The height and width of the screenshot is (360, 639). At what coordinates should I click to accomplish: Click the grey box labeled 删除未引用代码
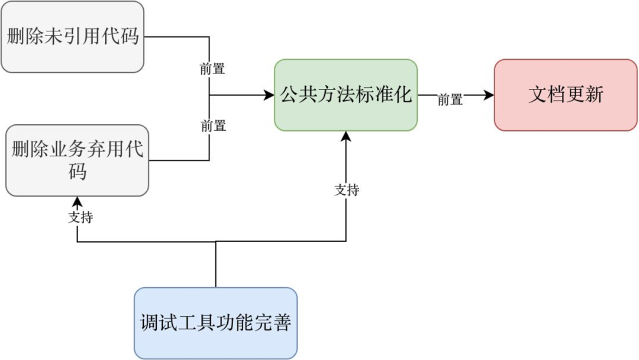72,37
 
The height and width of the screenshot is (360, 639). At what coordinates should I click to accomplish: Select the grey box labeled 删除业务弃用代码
77,160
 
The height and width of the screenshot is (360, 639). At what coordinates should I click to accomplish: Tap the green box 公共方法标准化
346,95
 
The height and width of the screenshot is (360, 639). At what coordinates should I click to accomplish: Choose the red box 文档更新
566,95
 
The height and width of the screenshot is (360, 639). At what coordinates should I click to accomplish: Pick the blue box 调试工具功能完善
215,323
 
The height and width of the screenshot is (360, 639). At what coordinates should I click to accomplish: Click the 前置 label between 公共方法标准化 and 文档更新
450,100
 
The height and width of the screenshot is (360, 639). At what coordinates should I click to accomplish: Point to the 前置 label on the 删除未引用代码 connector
212,69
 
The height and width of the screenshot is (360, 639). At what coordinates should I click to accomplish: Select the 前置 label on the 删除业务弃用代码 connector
213,126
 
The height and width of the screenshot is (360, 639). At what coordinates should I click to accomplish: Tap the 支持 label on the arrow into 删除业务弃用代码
80,217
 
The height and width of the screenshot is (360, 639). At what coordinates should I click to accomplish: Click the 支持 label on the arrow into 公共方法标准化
347,189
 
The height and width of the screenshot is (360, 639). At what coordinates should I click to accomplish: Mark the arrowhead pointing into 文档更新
489,95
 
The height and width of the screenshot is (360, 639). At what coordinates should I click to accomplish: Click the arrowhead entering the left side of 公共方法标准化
269,95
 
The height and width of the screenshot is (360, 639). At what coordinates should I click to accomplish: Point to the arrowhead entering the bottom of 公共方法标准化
346,136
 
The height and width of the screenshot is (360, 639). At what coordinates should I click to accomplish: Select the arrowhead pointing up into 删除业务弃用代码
77,201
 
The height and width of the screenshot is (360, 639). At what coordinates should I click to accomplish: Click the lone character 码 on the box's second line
78,172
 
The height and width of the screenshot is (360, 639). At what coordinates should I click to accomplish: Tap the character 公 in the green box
289,95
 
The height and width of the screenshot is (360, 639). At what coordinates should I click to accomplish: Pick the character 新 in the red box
594,95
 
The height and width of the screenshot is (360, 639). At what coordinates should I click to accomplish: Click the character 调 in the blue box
150,323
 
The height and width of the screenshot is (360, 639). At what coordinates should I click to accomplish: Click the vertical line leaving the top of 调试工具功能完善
215,266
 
